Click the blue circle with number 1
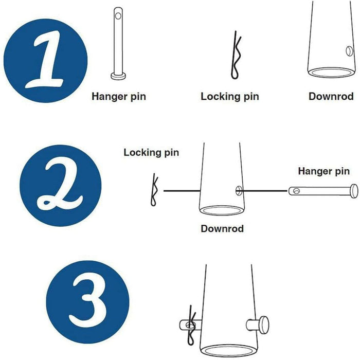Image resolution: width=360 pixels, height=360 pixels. (x=45, y=61)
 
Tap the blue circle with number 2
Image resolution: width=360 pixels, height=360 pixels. (x=61, y=186)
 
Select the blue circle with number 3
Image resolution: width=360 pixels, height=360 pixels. (x=88, y=302)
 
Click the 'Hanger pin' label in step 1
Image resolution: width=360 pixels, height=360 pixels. (x=119, y=97)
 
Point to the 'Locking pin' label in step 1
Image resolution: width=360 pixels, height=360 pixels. (x=230, y=97)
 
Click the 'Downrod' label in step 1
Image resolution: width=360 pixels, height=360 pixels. (x=331, y=97)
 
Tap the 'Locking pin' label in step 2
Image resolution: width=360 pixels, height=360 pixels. (x=151, y=153)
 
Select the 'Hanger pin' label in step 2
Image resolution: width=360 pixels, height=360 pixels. (x=323, y=171)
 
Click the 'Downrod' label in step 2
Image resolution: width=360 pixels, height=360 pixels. (x=222, y=229)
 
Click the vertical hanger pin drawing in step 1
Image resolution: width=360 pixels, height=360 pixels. (x=118, y=44)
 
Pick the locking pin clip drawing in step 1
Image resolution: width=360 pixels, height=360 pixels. (x=235, y=55)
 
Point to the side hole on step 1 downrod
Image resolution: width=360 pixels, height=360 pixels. (x=349, y=51)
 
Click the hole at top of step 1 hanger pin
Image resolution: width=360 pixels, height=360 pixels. (x=118, y=16)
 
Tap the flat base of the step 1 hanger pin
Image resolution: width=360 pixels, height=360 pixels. (x=118, y=76)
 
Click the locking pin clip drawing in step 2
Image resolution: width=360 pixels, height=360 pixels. (x=154, y=190)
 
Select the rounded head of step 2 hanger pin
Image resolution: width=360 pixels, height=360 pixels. (x=354, y=191)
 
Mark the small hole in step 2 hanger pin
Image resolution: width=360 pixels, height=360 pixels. (x=296, y=191)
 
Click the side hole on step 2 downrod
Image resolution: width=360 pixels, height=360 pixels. (x=239, y=191)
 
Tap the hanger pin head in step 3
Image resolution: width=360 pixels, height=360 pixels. (x=264, y=325)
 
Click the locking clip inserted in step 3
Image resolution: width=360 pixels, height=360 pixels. (x=191, y=325)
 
